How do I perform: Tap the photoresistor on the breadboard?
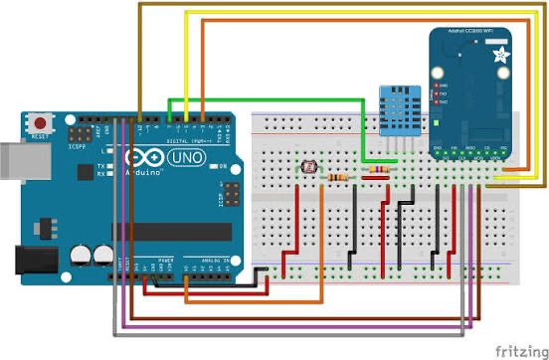(308, 168)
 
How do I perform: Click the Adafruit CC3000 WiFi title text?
(469, 33)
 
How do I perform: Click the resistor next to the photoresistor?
(338, 178)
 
